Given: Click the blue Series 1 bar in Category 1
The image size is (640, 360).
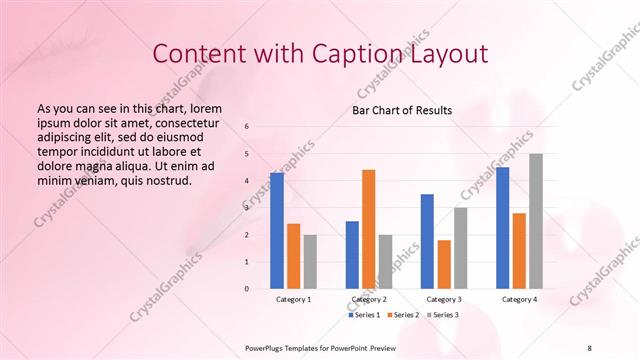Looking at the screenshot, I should pyautogui.click(x=277, y=231).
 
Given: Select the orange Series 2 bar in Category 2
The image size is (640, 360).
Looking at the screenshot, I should pyautogui.click(x=368, y=229).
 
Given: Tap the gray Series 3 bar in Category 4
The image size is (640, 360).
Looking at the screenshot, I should pyautogui.click(x=536, y=221).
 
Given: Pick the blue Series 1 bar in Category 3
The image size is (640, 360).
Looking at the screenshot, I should pyautogui.click(x=427, y=241).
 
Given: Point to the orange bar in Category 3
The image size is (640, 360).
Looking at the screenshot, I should pyautogui.click(x=444, y=264).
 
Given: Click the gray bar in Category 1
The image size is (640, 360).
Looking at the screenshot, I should pyautogui.click(x=310, y=262).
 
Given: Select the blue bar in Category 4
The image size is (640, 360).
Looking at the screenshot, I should pyautogui.click(x=502, y=228).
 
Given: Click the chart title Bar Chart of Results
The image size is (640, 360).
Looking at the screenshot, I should pyautogui.click(x=402, y=110).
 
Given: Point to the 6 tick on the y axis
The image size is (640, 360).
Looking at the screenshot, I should pyautogui.click(x=247, y=127).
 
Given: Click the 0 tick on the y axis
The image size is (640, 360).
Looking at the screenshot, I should pyautogui.click(x=247, y=289).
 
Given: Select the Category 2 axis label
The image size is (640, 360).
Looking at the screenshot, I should pyautogui.click(x=369, y=299).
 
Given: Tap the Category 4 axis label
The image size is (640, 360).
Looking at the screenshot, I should pyautogui.click(x=519, y=299).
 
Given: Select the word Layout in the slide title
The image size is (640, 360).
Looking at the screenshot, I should pyautogui.click(x=440, y=54).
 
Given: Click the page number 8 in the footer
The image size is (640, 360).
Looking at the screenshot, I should pyautogui.click(x=589, y=345).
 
